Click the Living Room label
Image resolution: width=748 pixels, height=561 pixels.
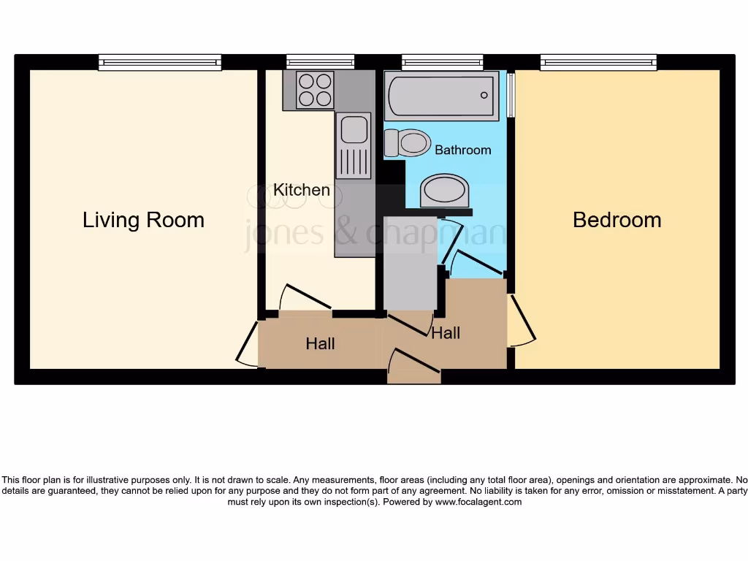click(143, 220)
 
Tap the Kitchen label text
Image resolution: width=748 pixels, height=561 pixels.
click(301, 190)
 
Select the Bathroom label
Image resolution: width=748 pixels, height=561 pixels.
click(462, 150)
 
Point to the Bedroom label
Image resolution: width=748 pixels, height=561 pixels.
click(617, 220)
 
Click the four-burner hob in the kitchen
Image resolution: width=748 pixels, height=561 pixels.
click(315, 90)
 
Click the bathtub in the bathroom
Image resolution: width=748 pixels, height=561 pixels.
click(440, 96)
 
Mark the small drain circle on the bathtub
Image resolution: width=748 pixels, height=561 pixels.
click(484, 96)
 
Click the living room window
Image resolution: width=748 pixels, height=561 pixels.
click(160, 63)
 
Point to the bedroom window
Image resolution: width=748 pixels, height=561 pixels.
click(598, 63)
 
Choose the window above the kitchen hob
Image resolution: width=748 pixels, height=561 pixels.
click(320, 63)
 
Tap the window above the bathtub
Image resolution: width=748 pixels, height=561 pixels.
click(442, 63)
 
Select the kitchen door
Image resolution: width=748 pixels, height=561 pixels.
click(305, 296)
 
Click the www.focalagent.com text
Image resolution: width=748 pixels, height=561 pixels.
click(478, 502)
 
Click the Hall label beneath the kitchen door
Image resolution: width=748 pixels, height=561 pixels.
click(320, 343)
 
